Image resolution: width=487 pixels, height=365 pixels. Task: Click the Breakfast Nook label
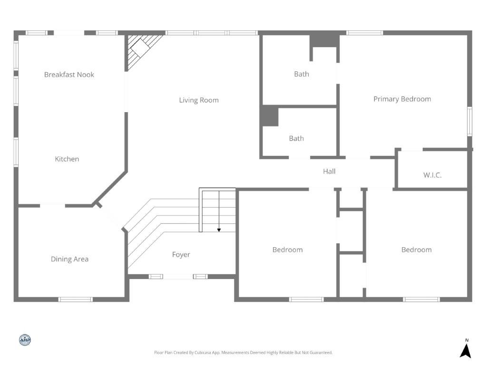(69, 75)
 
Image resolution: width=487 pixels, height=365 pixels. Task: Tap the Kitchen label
(67, 159)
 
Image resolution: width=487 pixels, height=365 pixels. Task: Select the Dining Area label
(69, 259)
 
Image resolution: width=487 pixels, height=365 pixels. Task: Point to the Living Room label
(199, 100)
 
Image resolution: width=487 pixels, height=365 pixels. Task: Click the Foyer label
(181, 255)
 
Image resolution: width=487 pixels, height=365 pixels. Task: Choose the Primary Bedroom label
(402, 99)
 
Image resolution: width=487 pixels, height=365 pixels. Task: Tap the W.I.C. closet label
(432, 175)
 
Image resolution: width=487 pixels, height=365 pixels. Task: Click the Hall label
(329, 172)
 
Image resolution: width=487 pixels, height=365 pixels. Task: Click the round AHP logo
(25, 340)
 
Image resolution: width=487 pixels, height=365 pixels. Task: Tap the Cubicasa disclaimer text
(243, 353)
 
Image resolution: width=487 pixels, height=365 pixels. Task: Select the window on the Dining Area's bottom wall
(75, 299)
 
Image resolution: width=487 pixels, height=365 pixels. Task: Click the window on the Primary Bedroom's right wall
(469, 121)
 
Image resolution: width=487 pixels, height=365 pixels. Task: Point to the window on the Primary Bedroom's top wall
(364, 33)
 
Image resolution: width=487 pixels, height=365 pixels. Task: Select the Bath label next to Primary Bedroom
(302, 74)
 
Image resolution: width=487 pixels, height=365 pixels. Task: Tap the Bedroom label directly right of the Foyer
(287, 250)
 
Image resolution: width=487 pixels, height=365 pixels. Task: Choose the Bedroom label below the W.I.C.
(416, 250)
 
